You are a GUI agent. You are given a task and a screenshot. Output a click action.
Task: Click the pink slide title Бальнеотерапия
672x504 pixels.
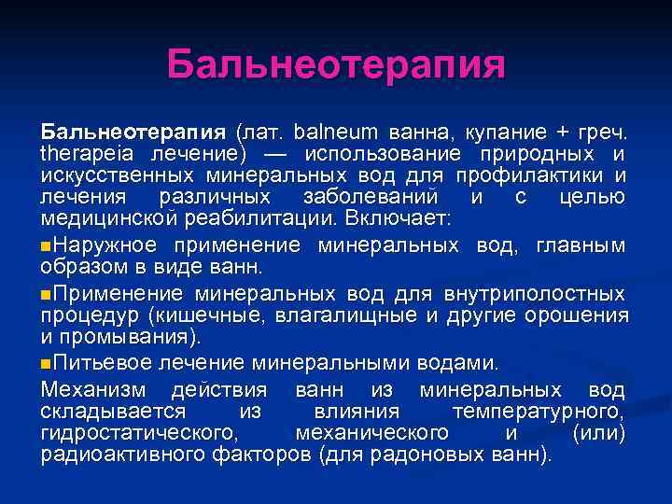coord(336,66)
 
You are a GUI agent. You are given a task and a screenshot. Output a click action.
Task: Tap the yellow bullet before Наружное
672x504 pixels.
coord(47,245)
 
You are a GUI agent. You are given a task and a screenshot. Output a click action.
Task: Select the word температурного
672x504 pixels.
coord(539,411)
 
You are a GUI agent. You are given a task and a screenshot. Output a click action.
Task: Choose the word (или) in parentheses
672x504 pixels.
coord(597,434)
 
